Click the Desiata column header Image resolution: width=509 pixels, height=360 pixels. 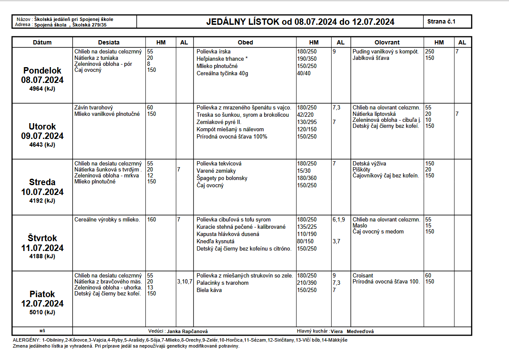109,42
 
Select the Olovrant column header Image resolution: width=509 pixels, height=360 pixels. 387,42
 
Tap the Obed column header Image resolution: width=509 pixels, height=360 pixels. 245,42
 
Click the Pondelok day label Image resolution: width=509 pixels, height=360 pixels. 42,71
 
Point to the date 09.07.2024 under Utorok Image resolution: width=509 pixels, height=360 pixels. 42,136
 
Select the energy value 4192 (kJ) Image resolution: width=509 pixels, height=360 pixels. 42,201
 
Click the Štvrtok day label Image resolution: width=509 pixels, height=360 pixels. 42,238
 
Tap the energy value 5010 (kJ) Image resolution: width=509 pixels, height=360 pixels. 42,312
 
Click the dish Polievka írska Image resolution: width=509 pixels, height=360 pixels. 214,52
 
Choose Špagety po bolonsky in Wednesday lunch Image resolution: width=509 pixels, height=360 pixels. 222,178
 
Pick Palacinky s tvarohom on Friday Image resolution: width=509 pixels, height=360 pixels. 222,283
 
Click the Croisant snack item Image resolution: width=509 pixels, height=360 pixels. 363,276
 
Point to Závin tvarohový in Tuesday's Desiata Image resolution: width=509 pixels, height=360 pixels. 94,108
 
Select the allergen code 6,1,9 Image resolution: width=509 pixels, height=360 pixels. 339,220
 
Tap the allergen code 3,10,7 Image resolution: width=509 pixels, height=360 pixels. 185,282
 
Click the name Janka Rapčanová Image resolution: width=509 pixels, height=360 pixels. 187,331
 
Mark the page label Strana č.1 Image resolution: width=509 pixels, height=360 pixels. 441,21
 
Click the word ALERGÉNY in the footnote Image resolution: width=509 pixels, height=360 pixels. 26,340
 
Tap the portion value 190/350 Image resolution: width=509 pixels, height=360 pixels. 307,59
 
